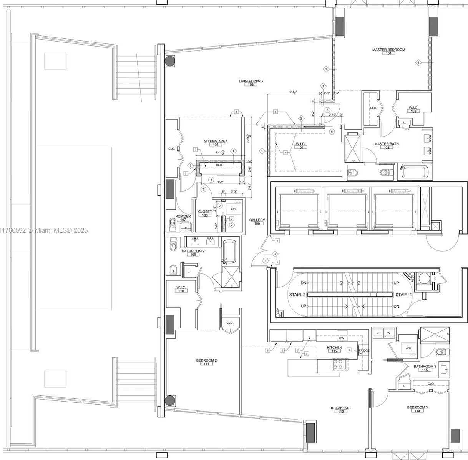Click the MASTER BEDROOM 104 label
click(388, 51)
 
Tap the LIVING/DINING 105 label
click(251, 82)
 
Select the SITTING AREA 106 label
click(216, 143)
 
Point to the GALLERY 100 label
click(257, 222)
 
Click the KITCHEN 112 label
click(334, 349)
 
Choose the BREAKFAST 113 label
click(341, 410)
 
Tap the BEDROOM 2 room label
click(206, 362)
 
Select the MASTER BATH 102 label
click(387, 145)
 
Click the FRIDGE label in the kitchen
click(364, 350)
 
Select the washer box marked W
click(388, 332)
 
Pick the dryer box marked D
click(377, 332)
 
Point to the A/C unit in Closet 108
click(233, 209)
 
